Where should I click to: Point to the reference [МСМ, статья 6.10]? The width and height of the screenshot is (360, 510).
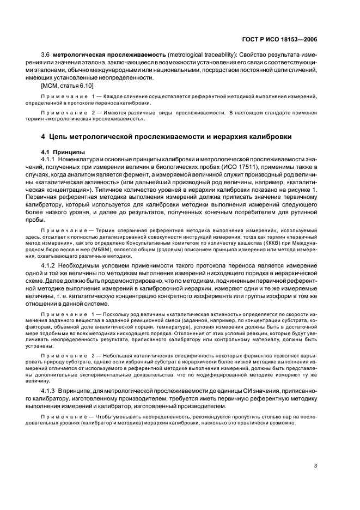coord(67,86)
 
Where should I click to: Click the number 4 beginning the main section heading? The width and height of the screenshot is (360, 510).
coord(43,136)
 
